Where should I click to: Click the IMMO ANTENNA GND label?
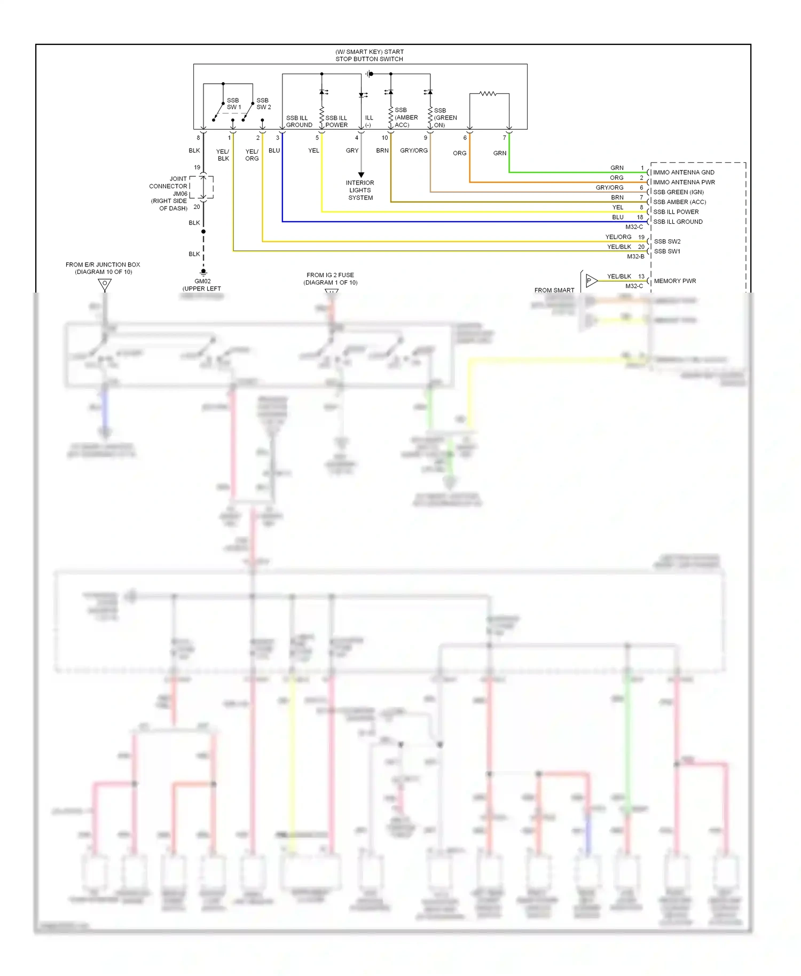tap(683, 172)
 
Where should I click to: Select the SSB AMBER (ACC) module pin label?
tap(679, 202)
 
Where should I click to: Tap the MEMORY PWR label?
tap(674, 281)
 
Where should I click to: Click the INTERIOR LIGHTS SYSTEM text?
tap(360, 190)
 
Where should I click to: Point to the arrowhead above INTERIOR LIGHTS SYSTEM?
tap(361, 175)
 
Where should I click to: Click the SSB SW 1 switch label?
tap(233, 104)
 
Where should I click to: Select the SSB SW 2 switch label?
tap(263, 104)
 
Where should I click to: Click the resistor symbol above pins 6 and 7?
tap(488, 93)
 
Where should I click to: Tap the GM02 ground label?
tap(202, 281)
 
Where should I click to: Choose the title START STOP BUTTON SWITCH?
tap(369, 56)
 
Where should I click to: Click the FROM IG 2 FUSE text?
tap(330, 275)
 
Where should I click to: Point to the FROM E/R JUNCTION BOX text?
tap(103, 265)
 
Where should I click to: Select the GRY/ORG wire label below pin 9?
tap(413, 151)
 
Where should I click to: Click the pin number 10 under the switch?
tap(384, 138)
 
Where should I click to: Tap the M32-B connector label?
tap(635, 257)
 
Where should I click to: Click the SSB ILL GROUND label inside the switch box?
tap(299, 122)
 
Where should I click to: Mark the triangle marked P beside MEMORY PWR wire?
tap(590, 280)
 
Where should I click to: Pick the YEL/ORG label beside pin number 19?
tap(618, 237)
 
